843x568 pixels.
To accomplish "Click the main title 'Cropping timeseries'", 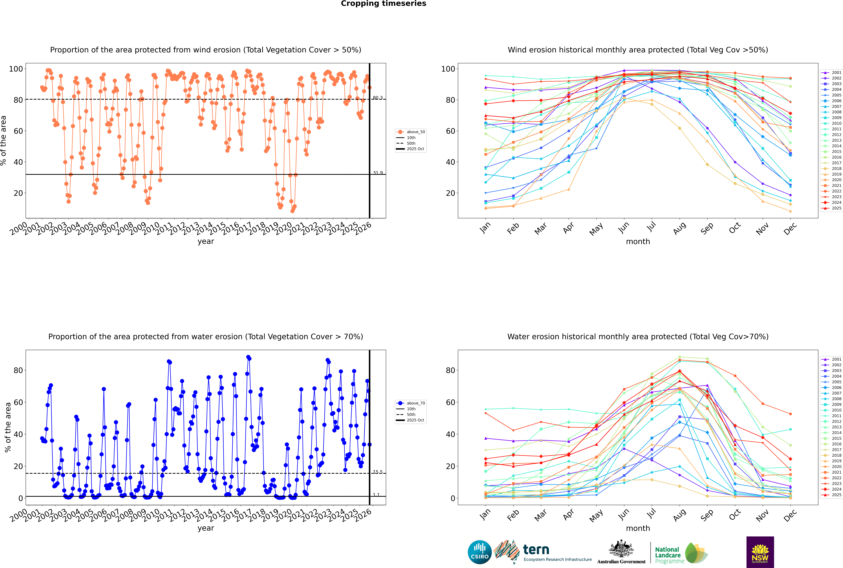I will pyautogui.click(x=383, y=4).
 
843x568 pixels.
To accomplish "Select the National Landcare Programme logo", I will pyautogui.click(x=681, y=553).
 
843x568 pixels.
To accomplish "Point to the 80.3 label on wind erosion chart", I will pyautogui.click(x=378, y=98).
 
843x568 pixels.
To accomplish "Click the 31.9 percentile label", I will pyautogui.click(x=378, y=173).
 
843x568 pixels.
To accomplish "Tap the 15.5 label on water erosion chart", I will pyautogui.click(x=378, y=472).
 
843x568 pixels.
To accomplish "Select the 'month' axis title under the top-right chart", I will pyautogui.click(x=638, y=242).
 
